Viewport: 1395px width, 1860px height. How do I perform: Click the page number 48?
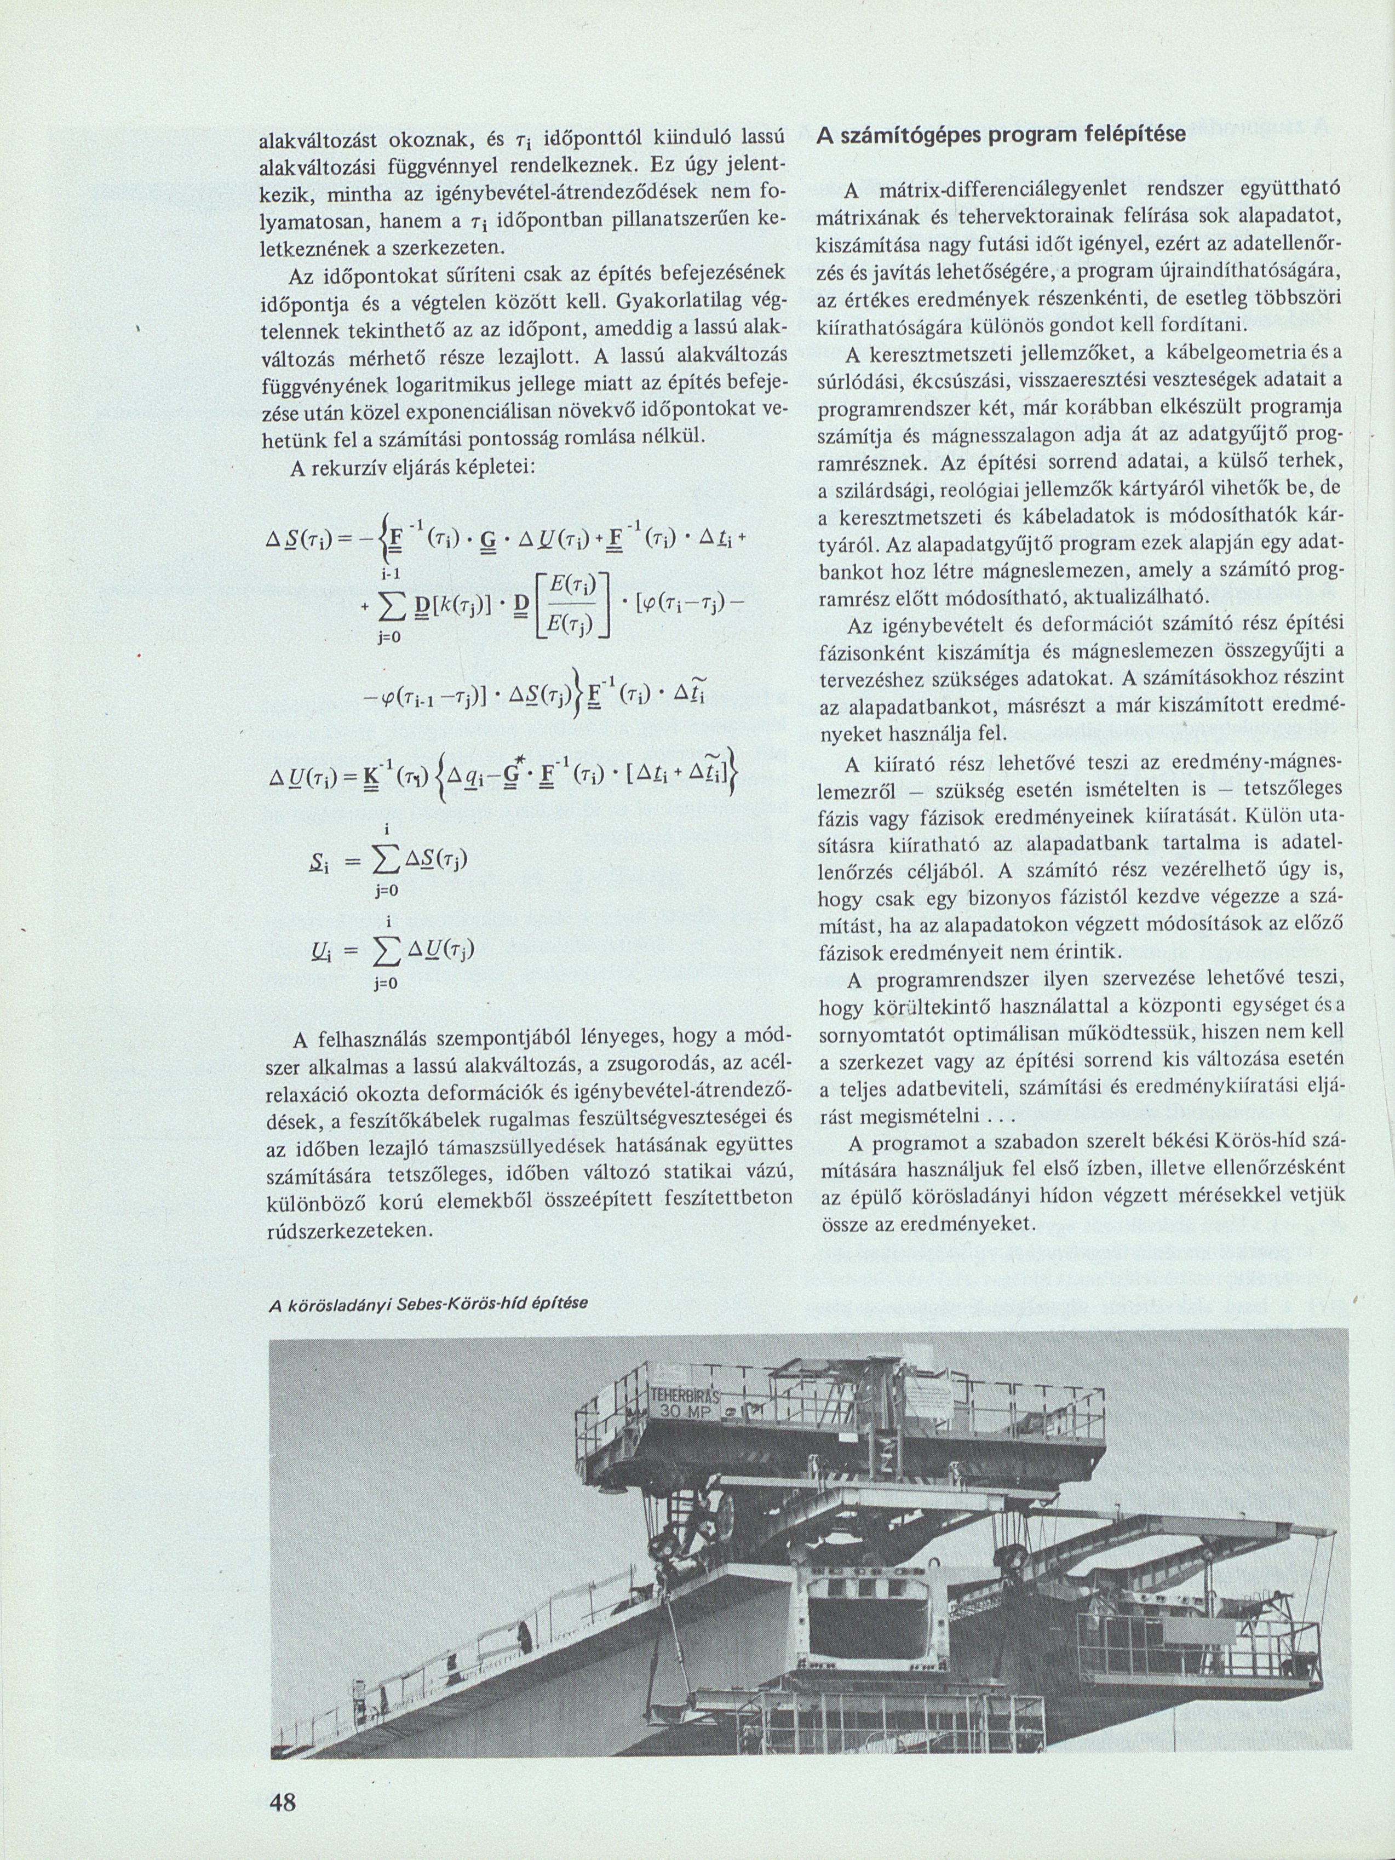282,1799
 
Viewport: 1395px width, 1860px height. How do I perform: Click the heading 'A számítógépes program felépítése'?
1001,134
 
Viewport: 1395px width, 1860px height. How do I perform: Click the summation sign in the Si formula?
383,859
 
